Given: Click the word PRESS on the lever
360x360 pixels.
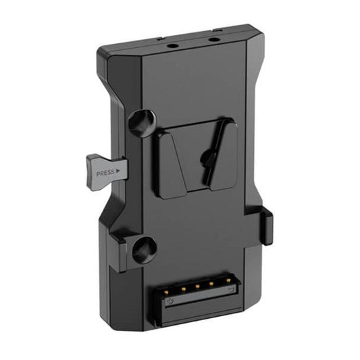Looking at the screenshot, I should [x=105, y=173].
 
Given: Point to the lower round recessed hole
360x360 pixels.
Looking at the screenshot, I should [x=145, y=251].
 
